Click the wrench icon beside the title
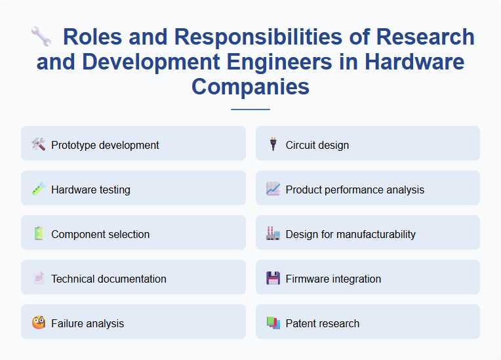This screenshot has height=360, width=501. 41,37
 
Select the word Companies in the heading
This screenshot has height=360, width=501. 250,87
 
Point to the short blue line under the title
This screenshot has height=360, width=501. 250,109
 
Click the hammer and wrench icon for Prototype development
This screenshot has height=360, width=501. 39,144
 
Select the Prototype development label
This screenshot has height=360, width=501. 105,145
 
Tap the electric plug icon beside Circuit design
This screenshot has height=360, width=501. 273,144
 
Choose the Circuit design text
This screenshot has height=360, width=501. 317,145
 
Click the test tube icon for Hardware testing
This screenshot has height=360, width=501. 39,189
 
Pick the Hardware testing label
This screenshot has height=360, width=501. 90,190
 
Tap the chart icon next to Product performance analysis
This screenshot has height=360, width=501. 273,189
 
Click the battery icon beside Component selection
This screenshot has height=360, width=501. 39,233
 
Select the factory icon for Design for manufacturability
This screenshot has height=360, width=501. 273,233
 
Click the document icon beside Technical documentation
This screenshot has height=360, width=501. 39,278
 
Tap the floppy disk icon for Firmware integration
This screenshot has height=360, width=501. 273,278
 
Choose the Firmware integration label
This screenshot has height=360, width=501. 333,279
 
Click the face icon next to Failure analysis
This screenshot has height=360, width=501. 39,323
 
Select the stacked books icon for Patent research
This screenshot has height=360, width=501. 273,323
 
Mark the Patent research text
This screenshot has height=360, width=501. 322,323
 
